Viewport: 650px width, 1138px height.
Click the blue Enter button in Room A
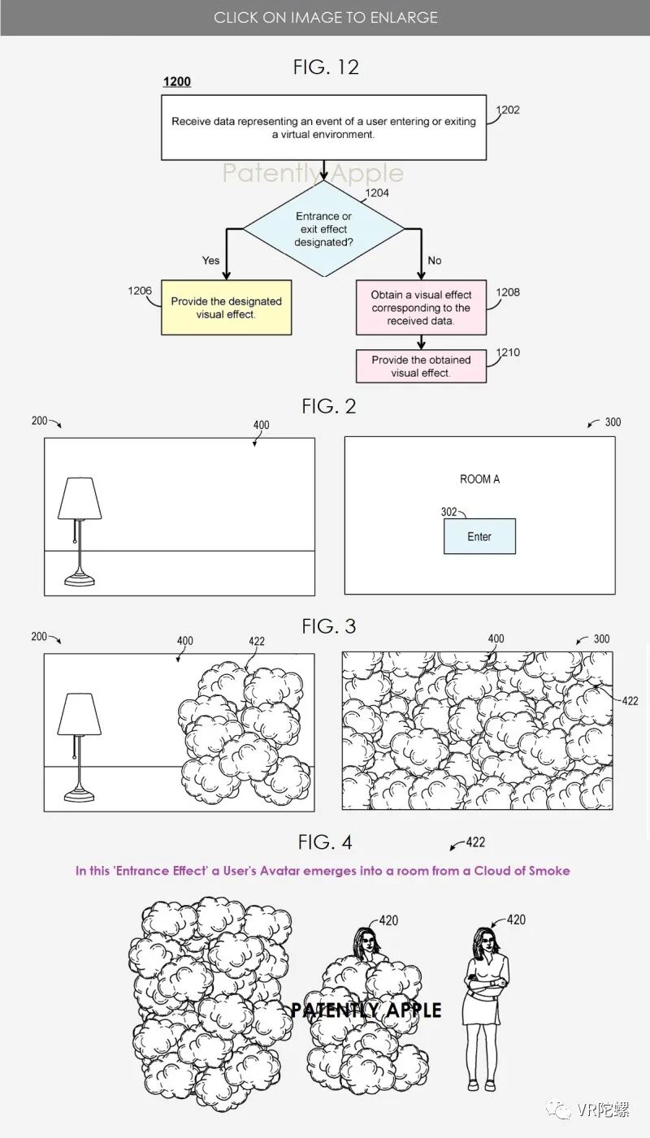point(479,537)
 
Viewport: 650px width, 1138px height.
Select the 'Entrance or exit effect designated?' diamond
point(323,229)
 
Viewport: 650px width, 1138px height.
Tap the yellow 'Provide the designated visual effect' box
point(226,307)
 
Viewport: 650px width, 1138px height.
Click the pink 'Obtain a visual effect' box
point(421,308)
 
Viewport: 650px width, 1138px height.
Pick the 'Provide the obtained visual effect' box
point(421,366)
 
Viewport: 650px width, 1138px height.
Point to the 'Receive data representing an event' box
point(323,128)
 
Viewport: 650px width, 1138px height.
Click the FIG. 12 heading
point(326,67)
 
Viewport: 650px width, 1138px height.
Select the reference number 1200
point(177,82)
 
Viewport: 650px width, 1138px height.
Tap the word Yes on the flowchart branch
point(210,261)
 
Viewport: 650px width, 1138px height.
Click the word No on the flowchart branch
point(435,261)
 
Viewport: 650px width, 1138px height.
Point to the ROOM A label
point(479,479)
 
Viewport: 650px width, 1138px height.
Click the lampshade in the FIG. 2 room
point(80,498)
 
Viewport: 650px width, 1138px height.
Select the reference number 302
point(448,513)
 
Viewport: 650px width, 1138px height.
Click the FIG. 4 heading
point(326,842)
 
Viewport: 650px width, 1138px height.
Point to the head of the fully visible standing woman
point(486,942)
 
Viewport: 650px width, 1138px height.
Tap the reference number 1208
point(508,292)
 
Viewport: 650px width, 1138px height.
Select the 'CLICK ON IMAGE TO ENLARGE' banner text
point(325,17)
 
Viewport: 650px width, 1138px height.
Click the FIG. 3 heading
point(328,626)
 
